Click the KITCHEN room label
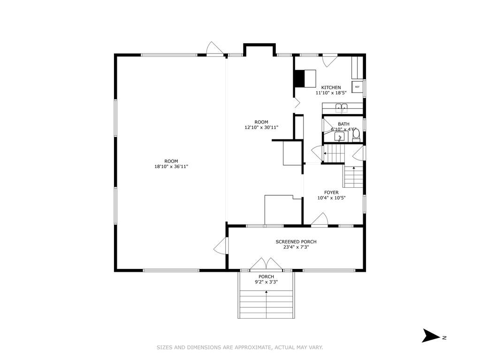(x=331, y=88)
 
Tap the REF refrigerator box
(x=357, y=87)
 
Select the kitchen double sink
(x=342, y=107)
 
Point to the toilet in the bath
(x=356, y=136)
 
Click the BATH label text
(x=343, y=124)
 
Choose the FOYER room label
(x=332, y=192)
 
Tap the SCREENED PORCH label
(x=296, y=242)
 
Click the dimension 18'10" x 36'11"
(x=171, y=167)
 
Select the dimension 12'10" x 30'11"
(x=261, y=127)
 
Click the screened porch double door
(x=266, y=264)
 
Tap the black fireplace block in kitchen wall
(x=299, y=79)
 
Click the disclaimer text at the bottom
(x=240, y=347)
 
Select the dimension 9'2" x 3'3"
(x=267, y=282)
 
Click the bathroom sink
(x=339, y=137)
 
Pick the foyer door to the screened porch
(x=320, y=220)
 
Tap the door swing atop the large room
(x=214, y=48)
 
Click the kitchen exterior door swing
(x=330, y=61)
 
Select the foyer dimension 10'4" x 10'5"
(x=332, y=198)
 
